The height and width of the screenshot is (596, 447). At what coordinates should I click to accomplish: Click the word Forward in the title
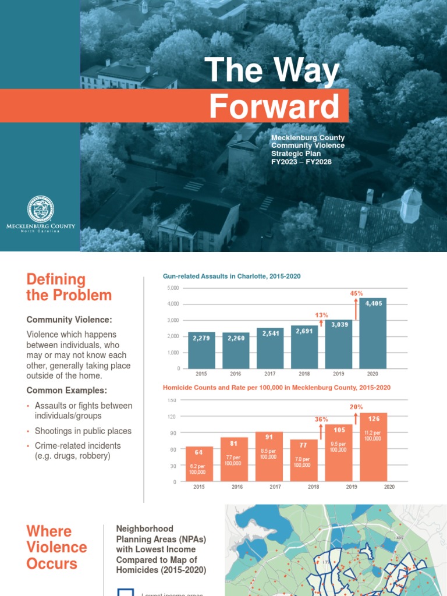(x=274, y=107)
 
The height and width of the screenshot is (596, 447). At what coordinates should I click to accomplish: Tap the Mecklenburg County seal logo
(x=41, y=210)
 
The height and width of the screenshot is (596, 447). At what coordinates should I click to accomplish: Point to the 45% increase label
(x=357, y=293)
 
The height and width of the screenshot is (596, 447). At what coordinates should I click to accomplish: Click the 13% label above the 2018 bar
(x=322, y=315)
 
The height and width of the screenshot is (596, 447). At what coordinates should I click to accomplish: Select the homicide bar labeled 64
(x=199, y=464)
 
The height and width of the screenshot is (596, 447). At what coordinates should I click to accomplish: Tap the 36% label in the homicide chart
(x=321, y=419)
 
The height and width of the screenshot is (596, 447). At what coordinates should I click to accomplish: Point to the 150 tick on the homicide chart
(x=172, y=400)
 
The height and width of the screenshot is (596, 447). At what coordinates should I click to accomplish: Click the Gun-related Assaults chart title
(x=232, y=276)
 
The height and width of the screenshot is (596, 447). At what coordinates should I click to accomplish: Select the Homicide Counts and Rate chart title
(x=276, y=387)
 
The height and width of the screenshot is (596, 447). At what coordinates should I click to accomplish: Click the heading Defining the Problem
(x=69, y=287)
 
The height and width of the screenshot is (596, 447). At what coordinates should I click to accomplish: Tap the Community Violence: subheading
(x=69, y=320)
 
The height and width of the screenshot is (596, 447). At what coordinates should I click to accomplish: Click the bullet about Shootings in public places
(x=83, y=431)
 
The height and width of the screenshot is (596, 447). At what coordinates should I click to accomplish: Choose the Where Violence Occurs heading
(x=56, y=547)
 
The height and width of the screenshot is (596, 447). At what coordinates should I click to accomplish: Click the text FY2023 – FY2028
(x=301, y=162)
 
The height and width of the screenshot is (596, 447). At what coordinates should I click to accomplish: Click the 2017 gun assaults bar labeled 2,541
(x=270, y=348)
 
